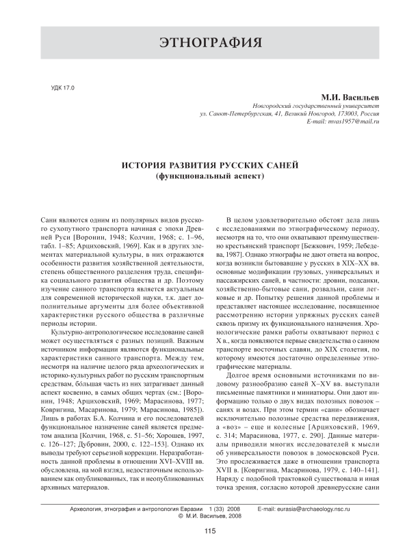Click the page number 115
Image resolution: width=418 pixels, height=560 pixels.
(209, 550)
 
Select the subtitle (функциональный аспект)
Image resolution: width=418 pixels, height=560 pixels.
(209, 176)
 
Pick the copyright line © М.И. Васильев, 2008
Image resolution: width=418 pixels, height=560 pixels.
(209, 535)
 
